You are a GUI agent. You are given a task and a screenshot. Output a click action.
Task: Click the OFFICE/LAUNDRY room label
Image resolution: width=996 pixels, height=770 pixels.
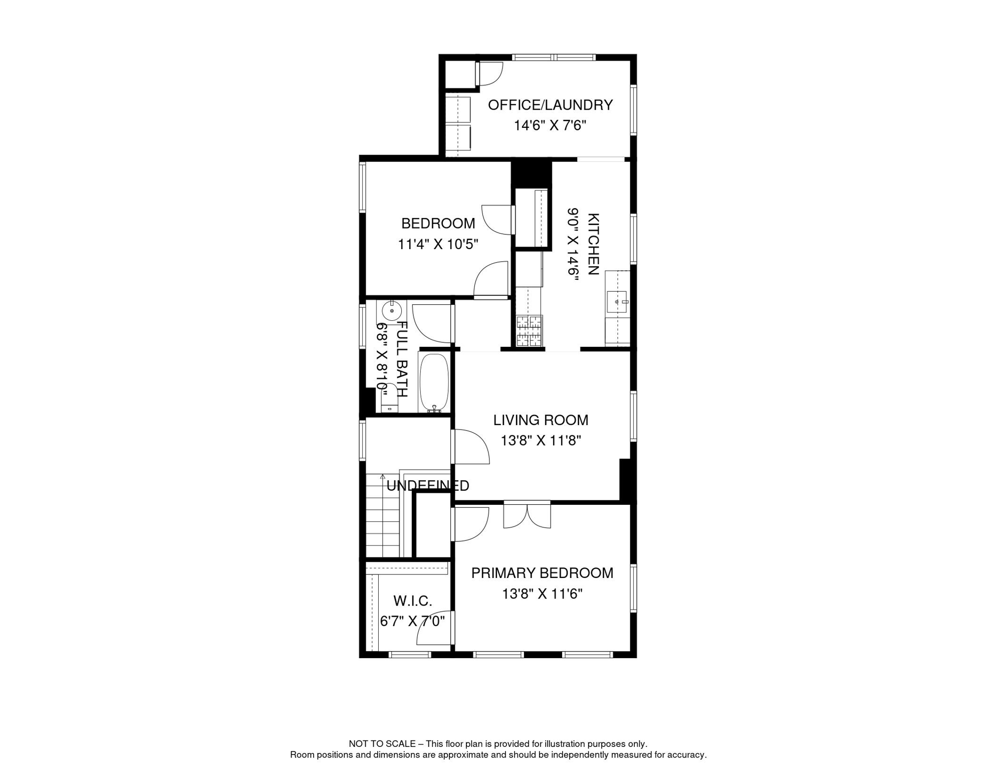550,105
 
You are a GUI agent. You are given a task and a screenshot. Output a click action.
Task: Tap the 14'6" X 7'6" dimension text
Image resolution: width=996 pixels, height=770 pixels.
550,125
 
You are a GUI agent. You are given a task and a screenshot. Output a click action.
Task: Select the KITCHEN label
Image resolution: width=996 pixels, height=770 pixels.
593,244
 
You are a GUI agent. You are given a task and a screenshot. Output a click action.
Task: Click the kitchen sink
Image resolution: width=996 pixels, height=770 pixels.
616,302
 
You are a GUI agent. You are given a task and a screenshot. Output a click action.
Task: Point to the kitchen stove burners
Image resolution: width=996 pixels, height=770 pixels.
529,331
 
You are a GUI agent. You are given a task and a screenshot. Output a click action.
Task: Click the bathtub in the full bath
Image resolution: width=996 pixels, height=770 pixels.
433,382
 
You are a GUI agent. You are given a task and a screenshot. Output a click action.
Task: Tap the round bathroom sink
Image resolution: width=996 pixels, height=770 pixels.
392,311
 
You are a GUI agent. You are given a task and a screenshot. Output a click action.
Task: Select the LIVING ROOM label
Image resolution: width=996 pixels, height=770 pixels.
541,420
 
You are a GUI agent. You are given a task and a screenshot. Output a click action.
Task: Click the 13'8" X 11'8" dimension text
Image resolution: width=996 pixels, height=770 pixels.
541,441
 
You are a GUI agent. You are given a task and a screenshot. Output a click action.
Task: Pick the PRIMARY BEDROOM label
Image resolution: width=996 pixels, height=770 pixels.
542,573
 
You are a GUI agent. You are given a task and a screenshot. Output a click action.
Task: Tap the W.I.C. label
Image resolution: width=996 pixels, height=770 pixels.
413,601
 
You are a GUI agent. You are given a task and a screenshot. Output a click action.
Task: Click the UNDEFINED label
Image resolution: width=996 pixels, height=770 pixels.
428,485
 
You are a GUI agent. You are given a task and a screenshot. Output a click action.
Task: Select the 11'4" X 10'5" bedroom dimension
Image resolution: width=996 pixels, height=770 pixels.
438,244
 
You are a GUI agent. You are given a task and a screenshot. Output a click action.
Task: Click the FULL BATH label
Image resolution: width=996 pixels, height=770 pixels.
402,359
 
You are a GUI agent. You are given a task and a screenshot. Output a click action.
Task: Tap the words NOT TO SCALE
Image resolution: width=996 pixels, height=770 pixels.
382,744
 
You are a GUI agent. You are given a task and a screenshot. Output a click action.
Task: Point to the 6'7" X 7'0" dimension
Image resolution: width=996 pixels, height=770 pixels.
412,622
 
